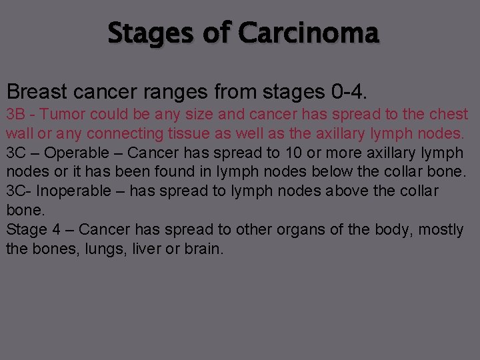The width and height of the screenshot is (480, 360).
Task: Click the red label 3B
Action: (16, 114)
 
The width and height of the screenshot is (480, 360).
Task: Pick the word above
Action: (353, 191)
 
